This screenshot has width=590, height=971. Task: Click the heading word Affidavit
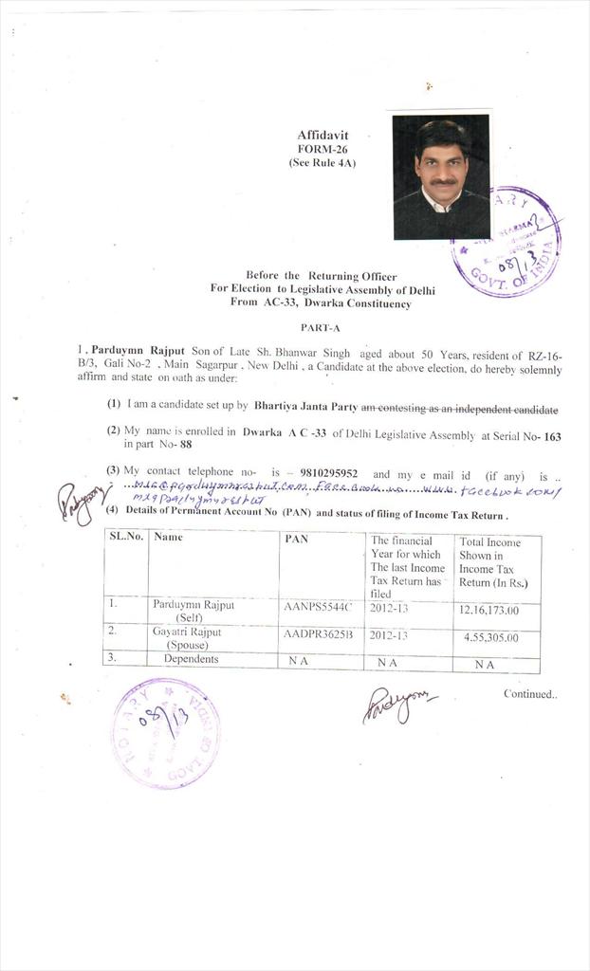323,136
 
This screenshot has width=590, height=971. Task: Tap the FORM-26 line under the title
323,149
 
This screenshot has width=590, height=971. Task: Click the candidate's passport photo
441,177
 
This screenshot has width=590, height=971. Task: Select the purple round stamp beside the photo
507,243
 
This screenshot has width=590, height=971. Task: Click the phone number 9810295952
326,474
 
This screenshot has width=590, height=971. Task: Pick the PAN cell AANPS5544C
318,605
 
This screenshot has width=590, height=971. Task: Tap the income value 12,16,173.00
489,610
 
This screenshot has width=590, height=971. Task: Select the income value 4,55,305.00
490,637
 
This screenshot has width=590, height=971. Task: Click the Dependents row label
191,659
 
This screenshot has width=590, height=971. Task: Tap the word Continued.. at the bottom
530,694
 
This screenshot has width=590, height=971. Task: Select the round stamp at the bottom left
166,733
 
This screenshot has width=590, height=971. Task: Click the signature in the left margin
78,502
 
